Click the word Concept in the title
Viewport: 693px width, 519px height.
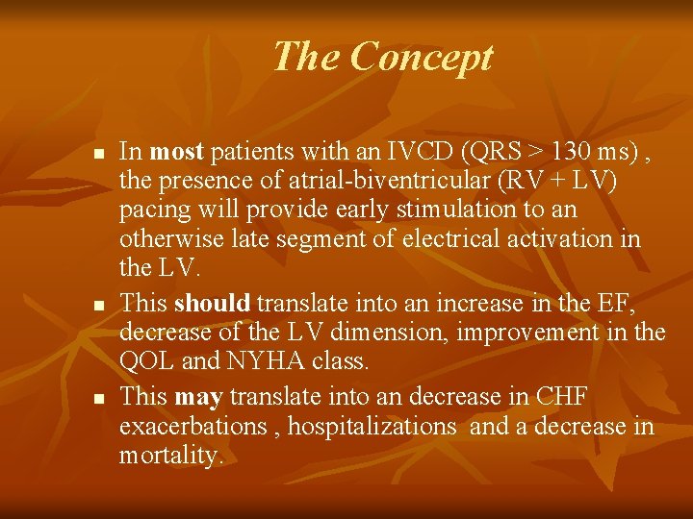pyautogui.click(x=422, y=58)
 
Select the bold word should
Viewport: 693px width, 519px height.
pyautogui.click(x=213, y=304)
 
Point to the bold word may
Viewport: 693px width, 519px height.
pyautogui.click(x=198, y=396)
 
